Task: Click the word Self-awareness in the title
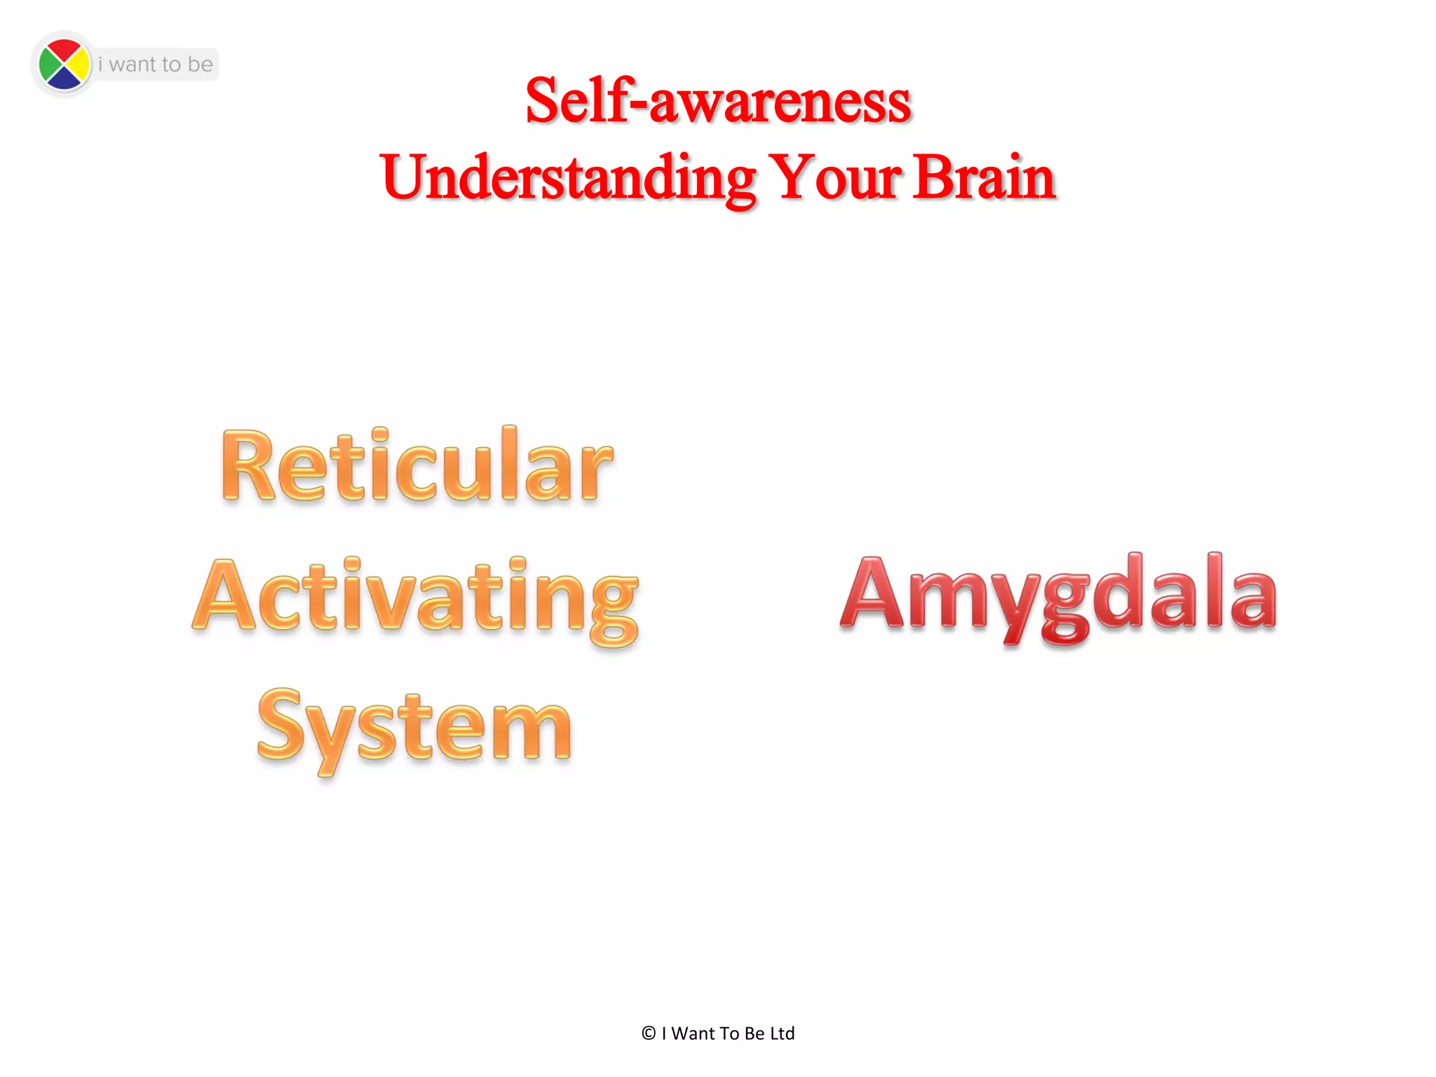pyautogui.click(x=718, y=102)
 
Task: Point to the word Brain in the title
pyautogui.click(x=984, y=177)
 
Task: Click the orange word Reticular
pyautogui.click(x=416, y=466)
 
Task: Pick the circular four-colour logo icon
pyautogui.click(x=64, y=65)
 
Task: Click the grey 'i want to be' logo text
pyautogui.click(x=155, y=65)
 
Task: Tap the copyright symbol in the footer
pyautogui.click(x=649, y=1034)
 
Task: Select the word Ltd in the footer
pyautogui.click(x=782, y=1034)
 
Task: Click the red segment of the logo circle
pyautogui.click(x=64, y=50)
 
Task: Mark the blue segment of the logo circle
pyautogui.click(x=64, y=80)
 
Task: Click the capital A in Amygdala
pyautogui.click(x=872, y=592)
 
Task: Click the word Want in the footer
pyautogui.click(x=693, y=1034)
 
